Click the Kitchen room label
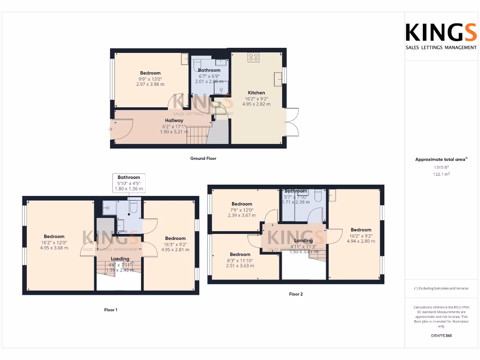point(256,93)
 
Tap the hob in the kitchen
point(254,58)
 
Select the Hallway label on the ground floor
point(173,120)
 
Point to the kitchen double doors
point(292,121)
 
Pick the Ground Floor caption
point(203,158)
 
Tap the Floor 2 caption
point(296,294)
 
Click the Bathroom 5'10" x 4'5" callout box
point(129,183)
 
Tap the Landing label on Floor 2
point(303,240)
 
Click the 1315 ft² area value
point(441,167)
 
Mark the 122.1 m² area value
point(441,174)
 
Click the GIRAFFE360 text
point(441,336)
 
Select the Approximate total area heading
point(441,159)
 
